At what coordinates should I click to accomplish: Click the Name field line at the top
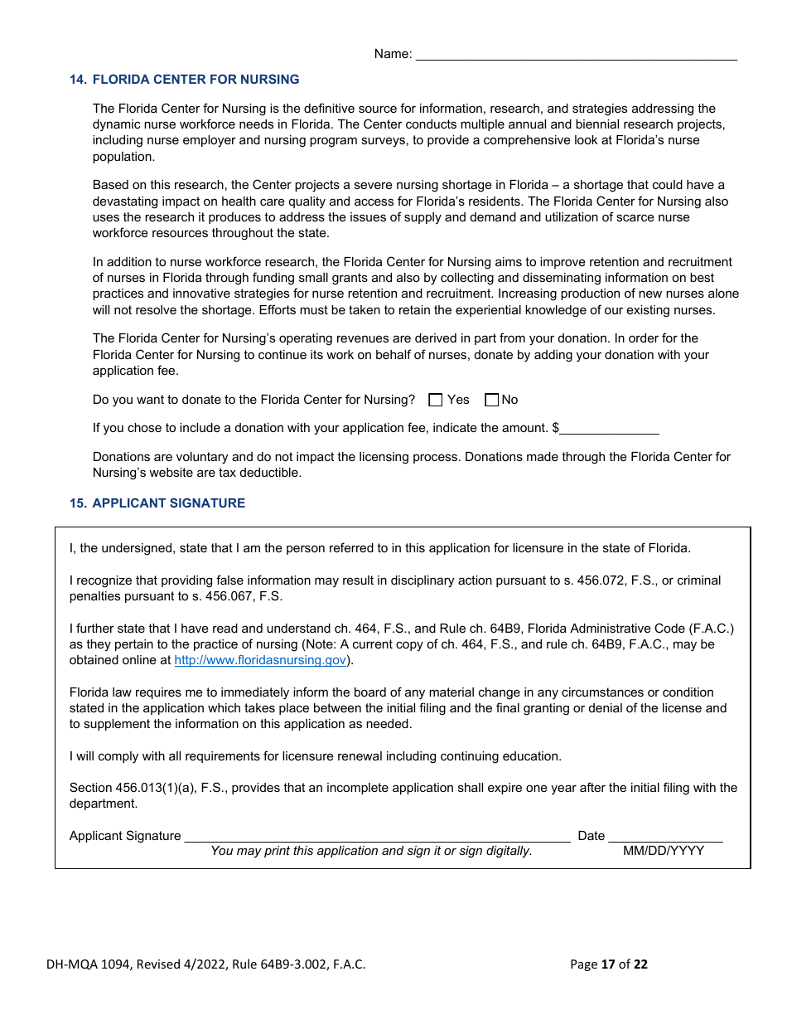pyautogui.click(x=575, y=55)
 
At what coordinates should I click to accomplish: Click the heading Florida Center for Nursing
pyautogui.click(x=196, y=80)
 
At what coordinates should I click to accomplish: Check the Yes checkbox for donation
pyautogui.click(x=436, y=400)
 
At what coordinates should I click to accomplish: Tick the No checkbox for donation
pyautogui.click(x=491, y=400)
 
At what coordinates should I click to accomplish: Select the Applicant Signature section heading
pyautogui.click(x=168, y=503)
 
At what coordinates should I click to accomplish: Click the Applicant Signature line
pyautogui.click(x=377, y=836)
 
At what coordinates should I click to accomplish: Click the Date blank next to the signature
pyautogui.click(x=665, y=836)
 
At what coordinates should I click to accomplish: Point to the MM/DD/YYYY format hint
pyautogui.click(x=664, y=851)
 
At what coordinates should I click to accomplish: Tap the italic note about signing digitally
pyautogui.click(x=371, y=851)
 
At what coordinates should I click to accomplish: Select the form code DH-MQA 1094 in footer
pyautogui.click(x=89, y=964)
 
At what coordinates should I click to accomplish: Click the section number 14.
pyautogui.click(x=78, y=80)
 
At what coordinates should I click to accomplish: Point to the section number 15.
pyautogui.click(x=78, y=503)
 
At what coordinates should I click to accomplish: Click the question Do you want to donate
pyautogui.click(x=253, y=400)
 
